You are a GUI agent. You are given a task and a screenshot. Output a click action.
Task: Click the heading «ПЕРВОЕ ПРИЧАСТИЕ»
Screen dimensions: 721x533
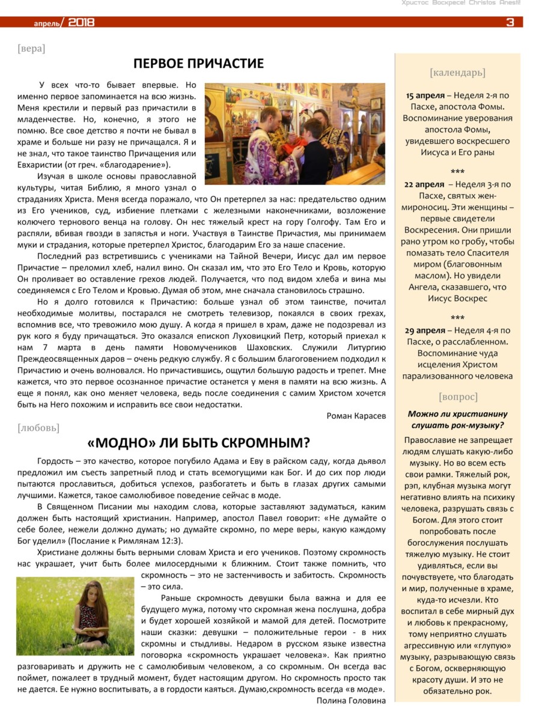pyautogui.click(x=198, y=64)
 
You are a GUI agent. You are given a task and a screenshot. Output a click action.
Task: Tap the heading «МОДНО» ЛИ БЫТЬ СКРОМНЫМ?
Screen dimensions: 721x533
pyautogui.click(x=198, y=443)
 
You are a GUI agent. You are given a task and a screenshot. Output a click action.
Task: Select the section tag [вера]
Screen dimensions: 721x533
pyautogui.click(x=31, y=48)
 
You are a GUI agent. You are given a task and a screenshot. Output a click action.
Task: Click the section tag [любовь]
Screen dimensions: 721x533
pyautogui.click(x=38, y=428)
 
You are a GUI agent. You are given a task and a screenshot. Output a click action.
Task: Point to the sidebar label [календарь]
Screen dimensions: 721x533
pyautogui.click(x=457, y=73)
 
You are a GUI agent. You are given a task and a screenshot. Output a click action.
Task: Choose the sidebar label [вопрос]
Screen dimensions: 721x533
pyautogui.click(x=458, y=397)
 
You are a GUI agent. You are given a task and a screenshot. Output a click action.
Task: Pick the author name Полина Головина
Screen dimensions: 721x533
pyautogui.click(x=350, y=700)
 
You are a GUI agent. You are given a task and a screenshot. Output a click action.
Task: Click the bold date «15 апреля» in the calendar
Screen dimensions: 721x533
pyautogui.click(x=425, y=96)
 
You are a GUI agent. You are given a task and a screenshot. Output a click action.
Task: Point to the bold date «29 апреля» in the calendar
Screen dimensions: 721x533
pyautogui.click(x=425, y=330)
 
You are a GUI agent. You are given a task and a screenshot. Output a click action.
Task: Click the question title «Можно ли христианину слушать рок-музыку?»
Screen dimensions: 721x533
pyautogui.click(x=457, y=419)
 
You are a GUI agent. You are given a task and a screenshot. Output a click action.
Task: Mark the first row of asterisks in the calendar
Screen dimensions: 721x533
pyautogui.click(x=457, y=171)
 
